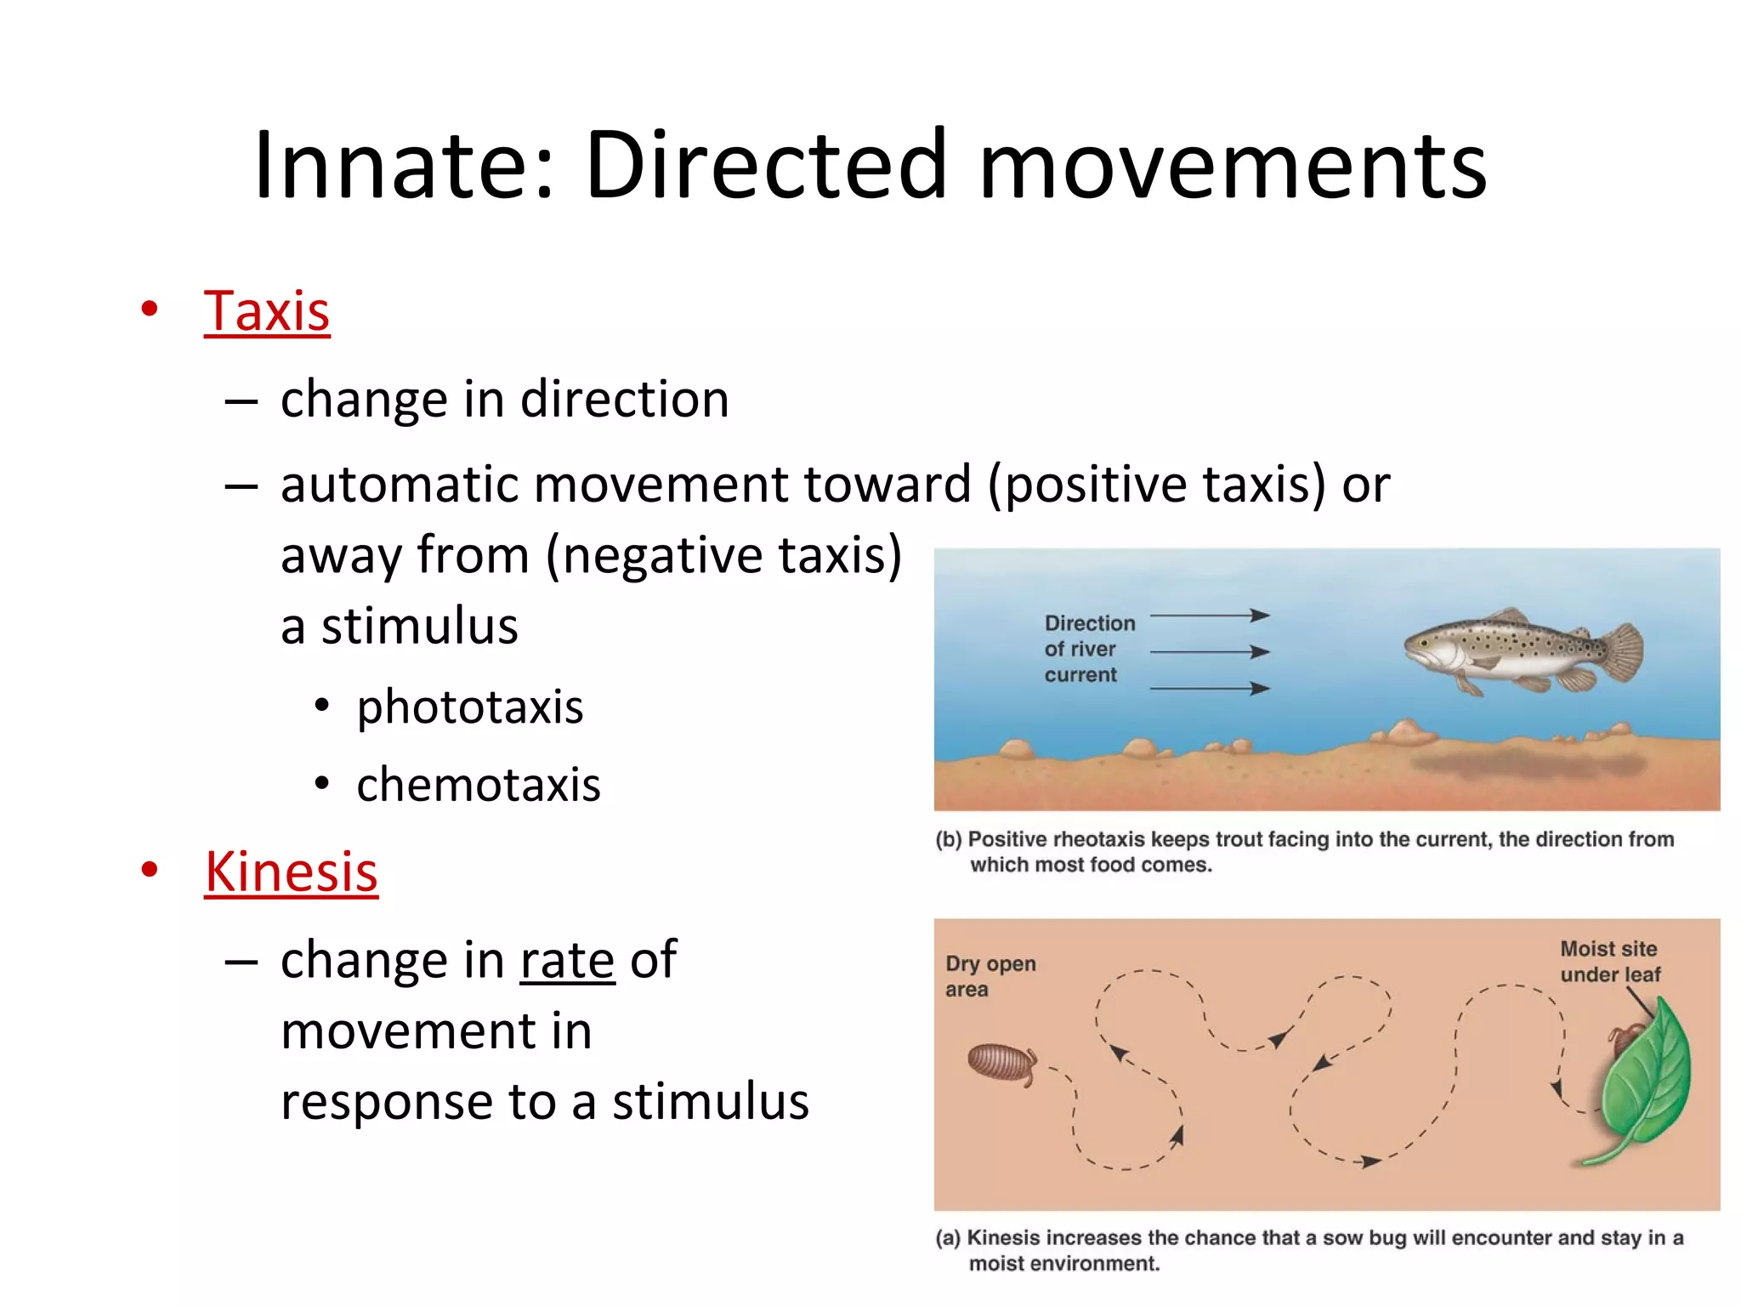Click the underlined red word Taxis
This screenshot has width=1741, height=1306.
tap(266, 311)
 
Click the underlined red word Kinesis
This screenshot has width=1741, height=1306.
tap(291, 872)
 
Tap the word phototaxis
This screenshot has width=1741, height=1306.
tap(469, 707)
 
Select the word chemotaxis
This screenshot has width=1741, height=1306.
tap(478, 785)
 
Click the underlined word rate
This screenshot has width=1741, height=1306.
tap(567, 961)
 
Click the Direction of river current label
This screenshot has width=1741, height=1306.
tap(1088, 649)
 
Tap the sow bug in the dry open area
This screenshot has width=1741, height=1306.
tap(1002, 1063)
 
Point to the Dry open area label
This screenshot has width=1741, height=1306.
tap(990, 976)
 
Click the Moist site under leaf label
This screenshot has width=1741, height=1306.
tap(1609, 962)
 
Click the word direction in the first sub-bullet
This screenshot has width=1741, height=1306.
tap(624, 400)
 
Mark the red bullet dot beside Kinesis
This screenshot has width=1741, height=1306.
tap(150, 870)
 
